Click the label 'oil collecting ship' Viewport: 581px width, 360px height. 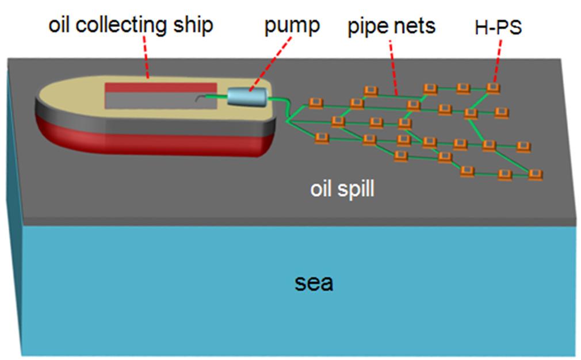point(131,25)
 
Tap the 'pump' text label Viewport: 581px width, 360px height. point(291,26)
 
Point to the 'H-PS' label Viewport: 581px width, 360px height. point(498,27)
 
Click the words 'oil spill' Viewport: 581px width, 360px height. point(342,189)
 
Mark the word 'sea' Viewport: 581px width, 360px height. point(314,283)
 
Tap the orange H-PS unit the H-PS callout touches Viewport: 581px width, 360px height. point(492,87)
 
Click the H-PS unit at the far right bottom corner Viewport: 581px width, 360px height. point(536,173)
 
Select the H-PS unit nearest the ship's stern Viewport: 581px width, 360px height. point(315,103)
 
